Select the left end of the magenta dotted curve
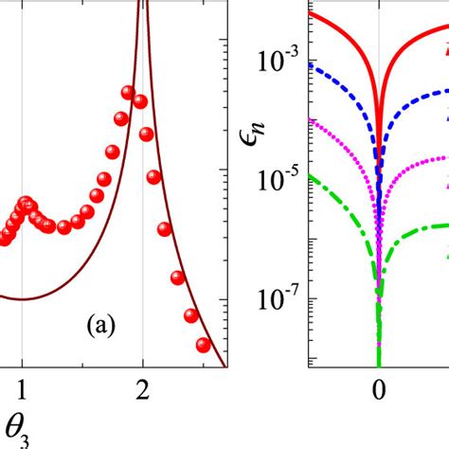tap(312, 119)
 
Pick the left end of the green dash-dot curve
tap(312, 173)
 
